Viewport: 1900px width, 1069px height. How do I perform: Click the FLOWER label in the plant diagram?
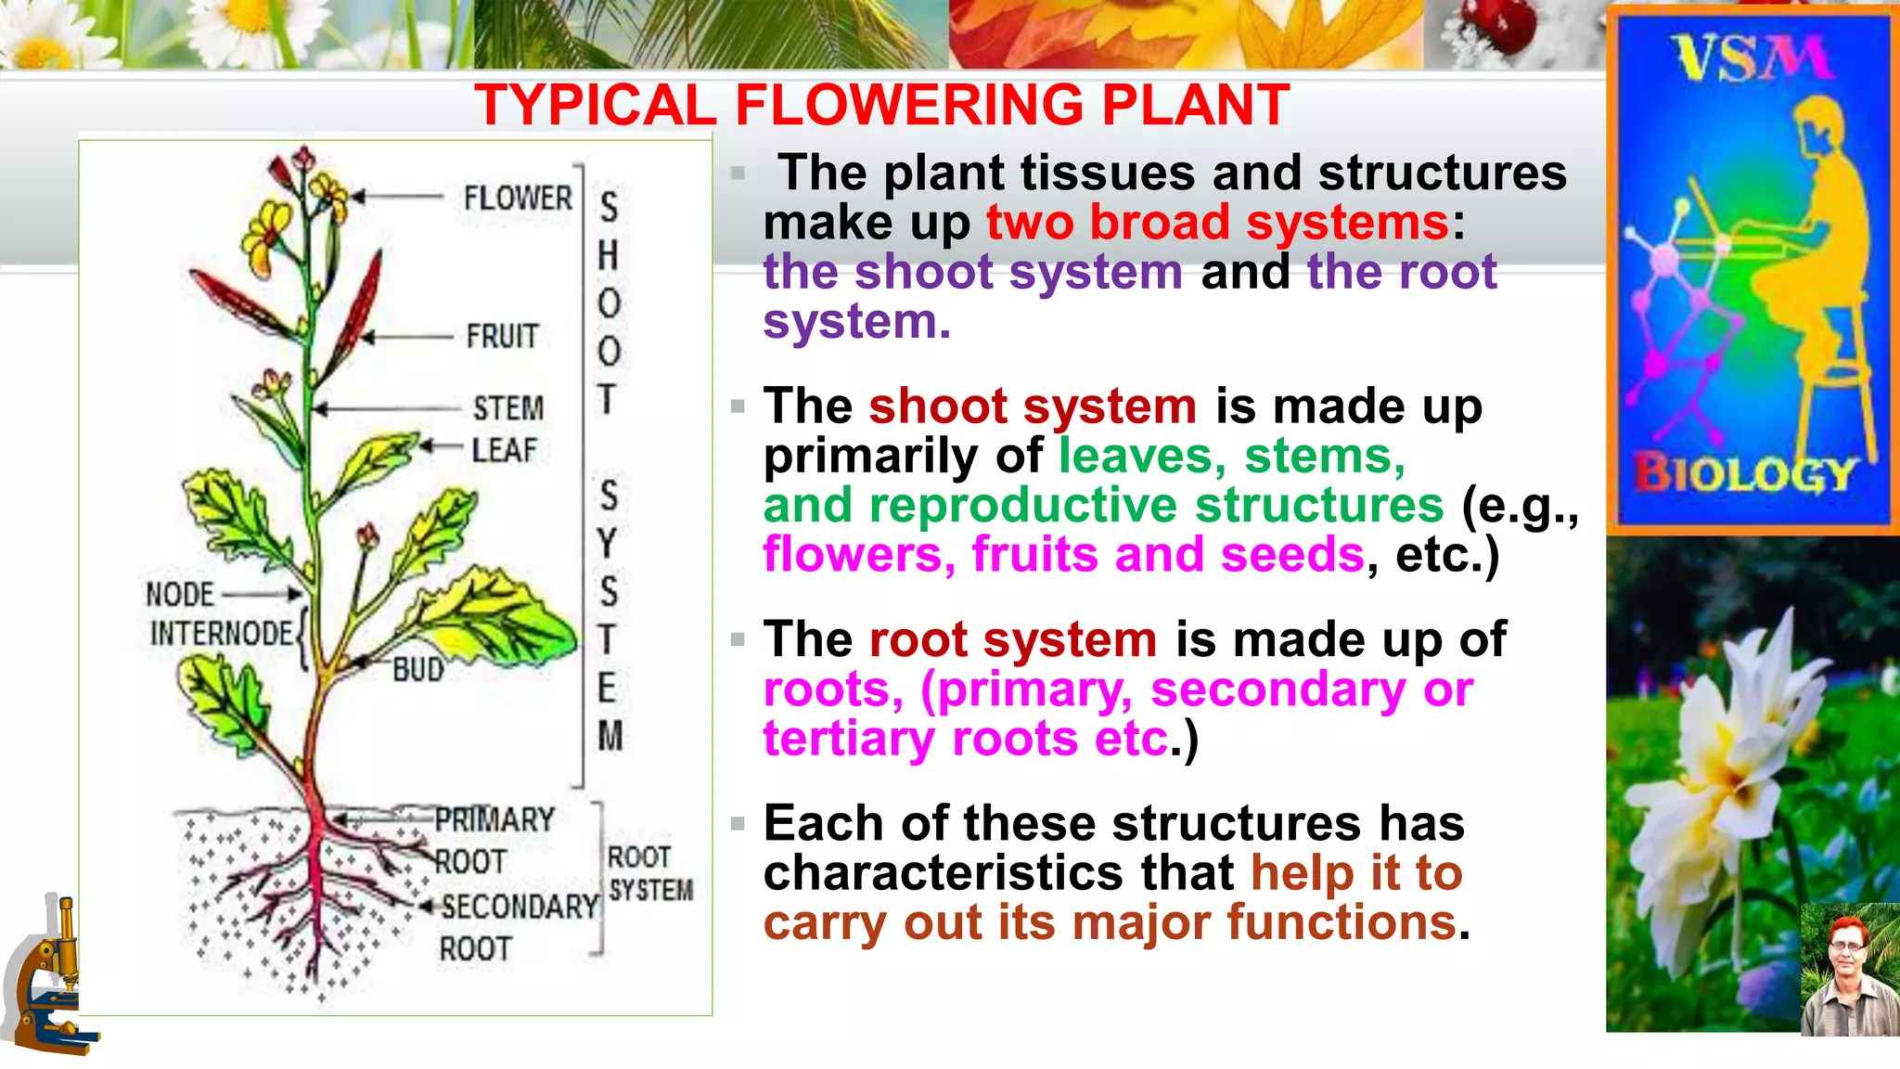(518, 198)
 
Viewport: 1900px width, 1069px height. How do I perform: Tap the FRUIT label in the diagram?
(502, 336)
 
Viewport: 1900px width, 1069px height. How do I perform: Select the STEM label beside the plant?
(508, 408)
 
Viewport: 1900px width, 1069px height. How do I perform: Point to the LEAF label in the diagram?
(504, 450)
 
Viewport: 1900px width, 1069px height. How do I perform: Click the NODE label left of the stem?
(180, 594)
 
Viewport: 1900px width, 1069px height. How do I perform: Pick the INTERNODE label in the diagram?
(222, 634)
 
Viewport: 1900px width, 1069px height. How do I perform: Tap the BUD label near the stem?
(418, 669)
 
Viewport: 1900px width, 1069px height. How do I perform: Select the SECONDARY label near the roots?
(520, 907)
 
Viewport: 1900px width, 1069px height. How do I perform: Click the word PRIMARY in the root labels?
(494, 820)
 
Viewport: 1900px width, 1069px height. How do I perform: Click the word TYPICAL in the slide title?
(595, 105)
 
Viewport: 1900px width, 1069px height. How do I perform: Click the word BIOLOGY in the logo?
(1744, 473)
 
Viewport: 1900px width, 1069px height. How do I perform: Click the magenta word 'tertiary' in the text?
(849, 739)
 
